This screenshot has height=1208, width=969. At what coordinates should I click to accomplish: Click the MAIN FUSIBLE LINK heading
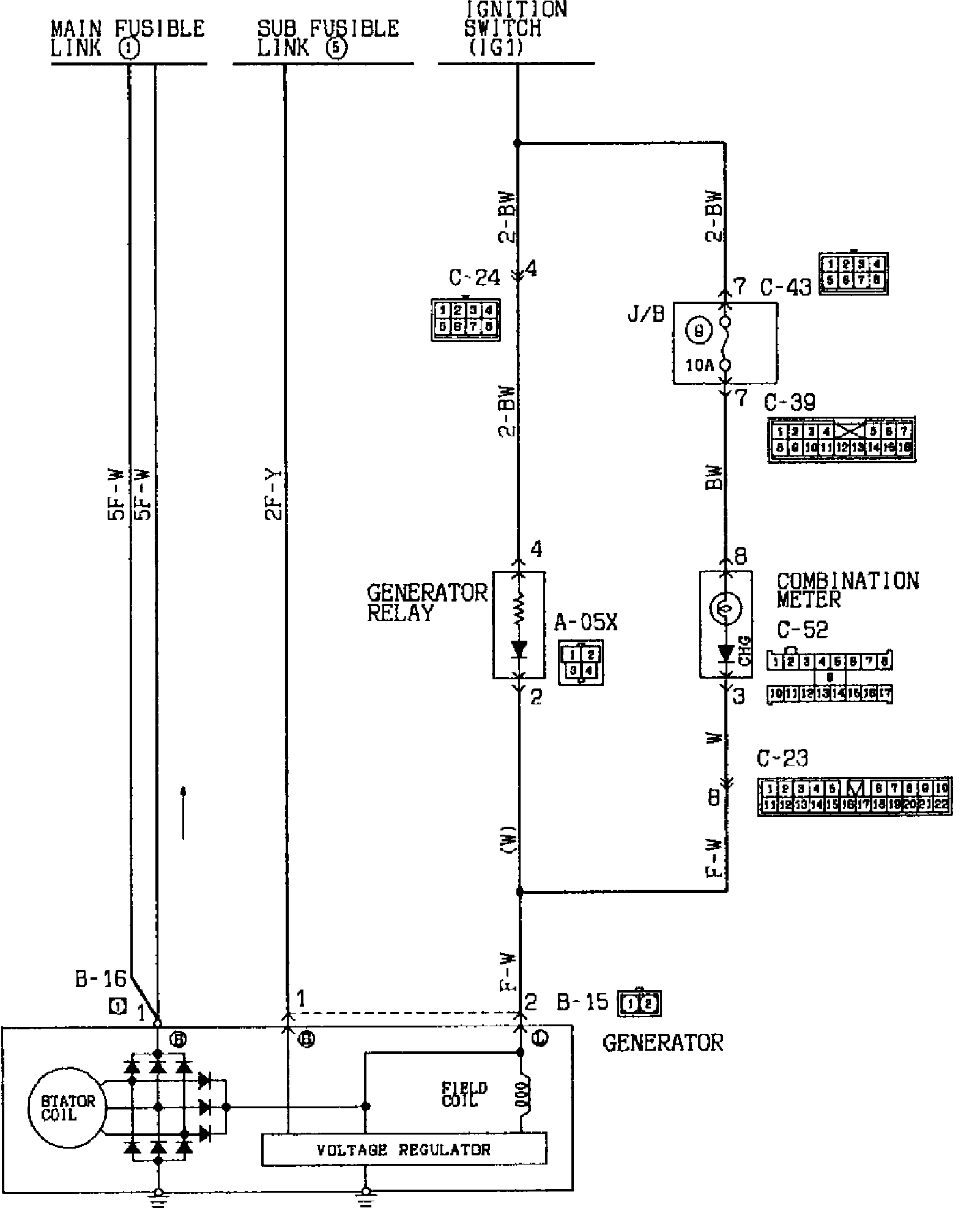click(x=127, y=38)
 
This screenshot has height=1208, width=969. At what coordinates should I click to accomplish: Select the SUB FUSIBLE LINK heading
click(x=327, y=38)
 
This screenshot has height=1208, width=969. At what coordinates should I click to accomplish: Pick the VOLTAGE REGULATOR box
click(x=404, y=1149)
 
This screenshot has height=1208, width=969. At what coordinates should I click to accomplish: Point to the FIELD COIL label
click(x=465, y=1094)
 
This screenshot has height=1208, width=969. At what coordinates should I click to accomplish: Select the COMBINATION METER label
click(x=847, y=590)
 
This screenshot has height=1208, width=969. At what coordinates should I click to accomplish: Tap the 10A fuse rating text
click(x=700, y=366)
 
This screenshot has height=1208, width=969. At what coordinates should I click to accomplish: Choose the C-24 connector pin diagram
click(x=465, y=319)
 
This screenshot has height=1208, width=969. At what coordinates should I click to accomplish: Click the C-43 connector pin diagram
click(x=853, y=273)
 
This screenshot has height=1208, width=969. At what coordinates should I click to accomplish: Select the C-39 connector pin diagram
click(x=842, y=440)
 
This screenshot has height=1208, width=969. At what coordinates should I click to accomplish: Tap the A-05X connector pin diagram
click(x=580, y=663)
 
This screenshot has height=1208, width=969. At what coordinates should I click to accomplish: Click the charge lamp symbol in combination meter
click(x=726, y=608)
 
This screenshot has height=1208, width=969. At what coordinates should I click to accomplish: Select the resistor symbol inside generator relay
click(x=519, y=610)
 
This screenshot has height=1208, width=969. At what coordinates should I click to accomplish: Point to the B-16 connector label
click(x=100, y=980)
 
